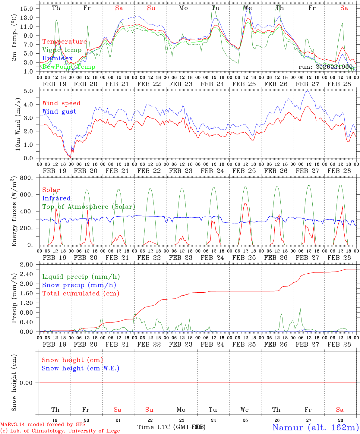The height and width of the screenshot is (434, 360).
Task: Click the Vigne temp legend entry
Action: pos(62,50)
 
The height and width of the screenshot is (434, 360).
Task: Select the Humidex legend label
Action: pos(57,58)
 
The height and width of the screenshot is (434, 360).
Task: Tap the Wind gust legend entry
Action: pos(59,112)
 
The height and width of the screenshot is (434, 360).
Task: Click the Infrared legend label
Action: pos(56,198)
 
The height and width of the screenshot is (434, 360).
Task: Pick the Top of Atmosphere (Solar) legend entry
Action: pos(88,207)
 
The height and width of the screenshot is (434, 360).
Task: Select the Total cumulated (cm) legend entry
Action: pos(81,294)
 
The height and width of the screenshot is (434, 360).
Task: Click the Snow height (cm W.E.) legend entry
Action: pos(81,368)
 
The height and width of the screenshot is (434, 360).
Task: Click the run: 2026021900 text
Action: pos(325,67)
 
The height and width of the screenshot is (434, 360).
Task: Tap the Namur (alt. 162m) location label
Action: pos(315,427)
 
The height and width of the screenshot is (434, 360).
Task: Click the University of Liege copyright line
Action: pos(60,431)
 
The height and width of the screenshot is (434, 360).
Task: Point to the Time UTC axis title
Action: pos(171,427)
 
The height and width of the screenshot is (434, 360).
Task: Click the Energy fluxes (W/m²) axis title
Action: pos(14,212)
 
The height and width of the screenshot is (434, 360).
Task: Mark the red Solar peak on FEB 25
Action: pos(245,203)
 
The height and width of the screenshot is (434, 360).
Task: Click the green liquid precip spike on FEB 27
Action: pos(300,308)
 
